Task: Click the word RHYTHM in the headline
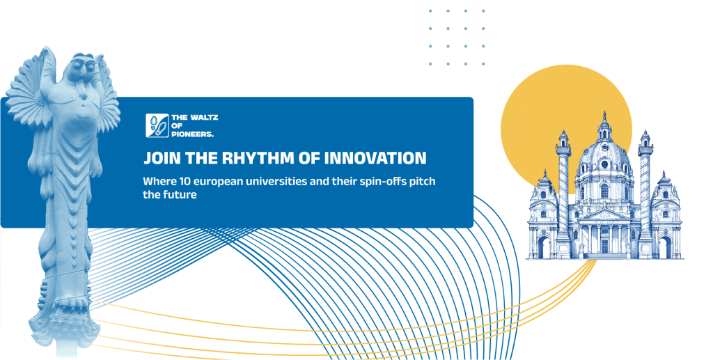258,158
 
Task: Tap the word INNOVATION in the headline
375,158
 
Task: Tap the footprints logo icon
157,125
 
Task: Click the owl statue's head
82,68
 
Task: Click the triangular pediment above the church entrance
604,214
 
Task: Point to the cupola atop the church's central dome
604,126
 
